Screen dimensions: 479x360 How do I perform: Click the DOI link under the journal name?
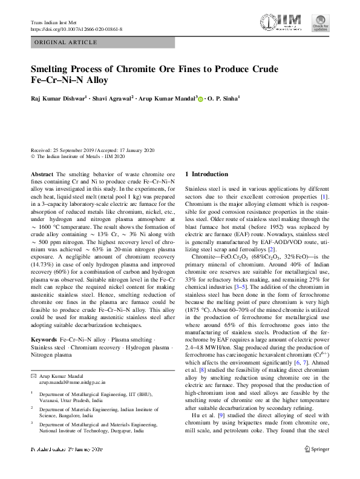tap(76, 29)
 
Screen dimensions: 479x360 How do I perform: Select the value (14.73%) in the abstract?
tap(45, 265)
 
